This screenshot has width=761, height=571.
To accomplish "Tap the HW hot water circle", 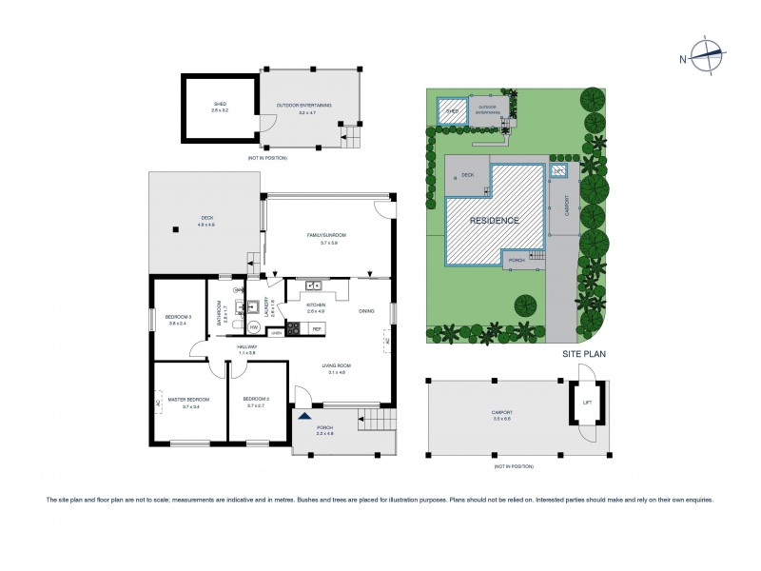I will click(254, 326).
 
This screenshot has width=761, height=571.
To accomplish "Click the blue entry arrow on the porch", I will click(304, 415).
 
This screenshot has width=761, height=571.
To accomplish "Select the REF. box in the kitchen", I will click(316, 328).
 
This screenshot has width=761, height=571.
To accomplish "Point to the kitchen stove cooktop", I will click(293, 329).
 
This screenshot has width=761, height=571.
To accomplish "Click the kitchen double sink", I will click(312, 285).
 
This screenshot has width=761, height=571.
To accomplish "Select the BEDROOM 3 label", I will click(179, 319).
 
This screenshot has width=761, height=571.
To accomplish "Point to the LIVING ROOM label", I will click(338, 368).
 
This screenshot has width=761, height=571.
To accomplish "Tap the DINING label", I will click(366, 310).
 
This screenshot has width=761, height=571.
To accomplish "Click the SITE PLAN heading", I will click(583, 354).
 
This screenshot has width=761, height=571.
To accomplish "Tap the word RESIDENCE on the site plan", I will click(496, 220).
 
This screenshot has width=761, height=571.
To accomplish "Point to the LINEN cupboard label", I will click(276, 333).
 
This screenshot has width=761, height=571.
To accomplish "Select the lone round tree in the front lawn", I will click(525, 305).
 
